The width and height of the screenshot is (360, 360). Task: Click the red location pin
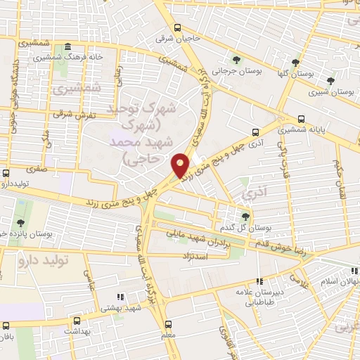[x=181, y=165]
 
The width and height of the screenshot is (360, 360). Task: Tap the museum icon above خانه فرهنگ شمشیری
[x=67, y=47]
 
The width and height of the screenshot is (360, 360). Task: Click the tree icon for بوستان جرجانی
[x=236, y=60]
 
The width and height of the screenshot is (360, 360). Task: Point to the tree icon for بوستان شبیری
[x=331, y=81]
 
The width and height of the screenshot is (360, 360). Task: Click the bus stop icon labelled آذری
[x=255, y=131]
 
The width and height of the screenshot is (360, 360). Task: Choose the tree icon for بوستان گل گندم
[x=245, y=217]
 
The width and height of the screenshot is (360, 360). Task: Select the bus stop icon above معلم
[x=168, y=324]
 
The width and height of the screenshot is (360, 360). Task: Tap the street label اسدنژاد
[x=198, y=256]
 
